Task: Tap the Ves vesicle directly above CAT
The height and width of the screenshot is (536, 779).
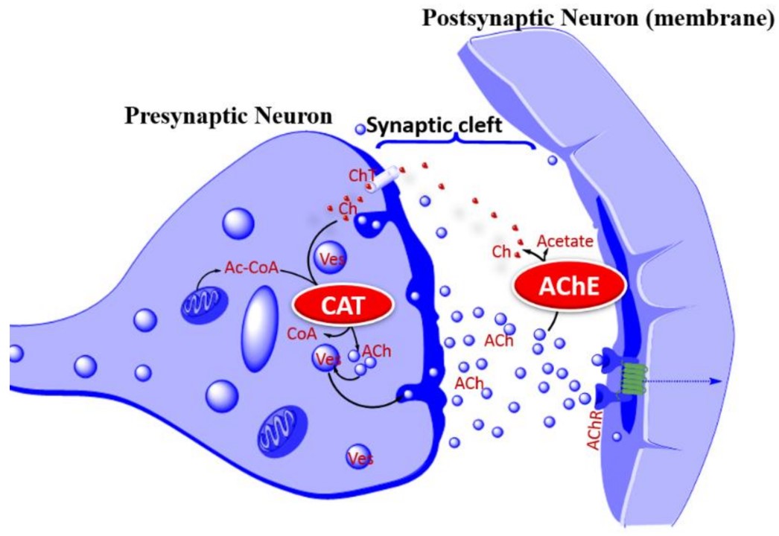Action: point(328,258)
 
